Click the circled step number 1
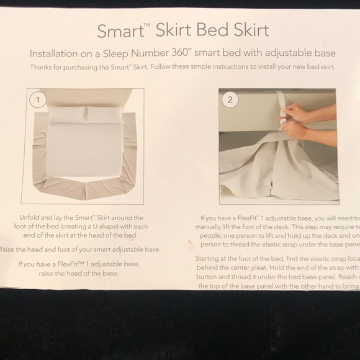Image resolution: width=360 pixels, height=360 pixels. pyautogui.click(x=39, y=99)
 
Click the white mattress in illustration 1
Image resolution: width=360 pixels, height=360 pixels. pyautogui.click(x=85, y=146)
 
